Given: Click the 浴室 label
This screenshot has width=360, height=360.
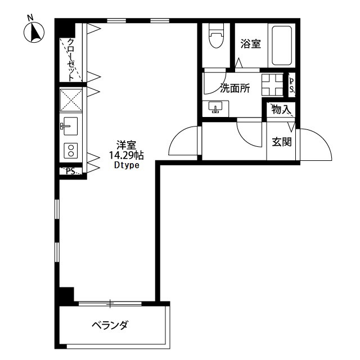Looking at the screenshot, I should point(250,44).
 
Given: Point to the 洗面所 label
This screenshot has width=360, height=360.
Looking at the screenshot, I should point(235,89).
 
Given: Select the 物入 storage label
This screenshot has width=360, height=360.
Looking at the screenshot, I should point(280,110).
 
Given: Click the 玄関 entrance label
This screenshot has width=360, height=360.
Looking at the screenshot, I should point(282,142).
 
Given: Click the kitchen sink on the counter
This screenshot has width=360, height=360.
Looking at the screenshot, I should point(70,126).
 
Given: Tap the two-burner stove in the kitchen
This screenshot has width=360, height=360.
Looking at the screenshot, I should point(71,150).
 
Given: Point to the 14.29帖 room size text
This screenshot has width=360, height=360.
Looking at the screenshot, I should point(126,155).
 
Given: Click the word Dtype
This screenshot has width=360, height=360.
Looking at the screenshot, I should point(126,165).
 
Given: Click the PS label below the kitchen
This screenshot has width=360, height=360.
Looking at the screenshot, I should point(71,172).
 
